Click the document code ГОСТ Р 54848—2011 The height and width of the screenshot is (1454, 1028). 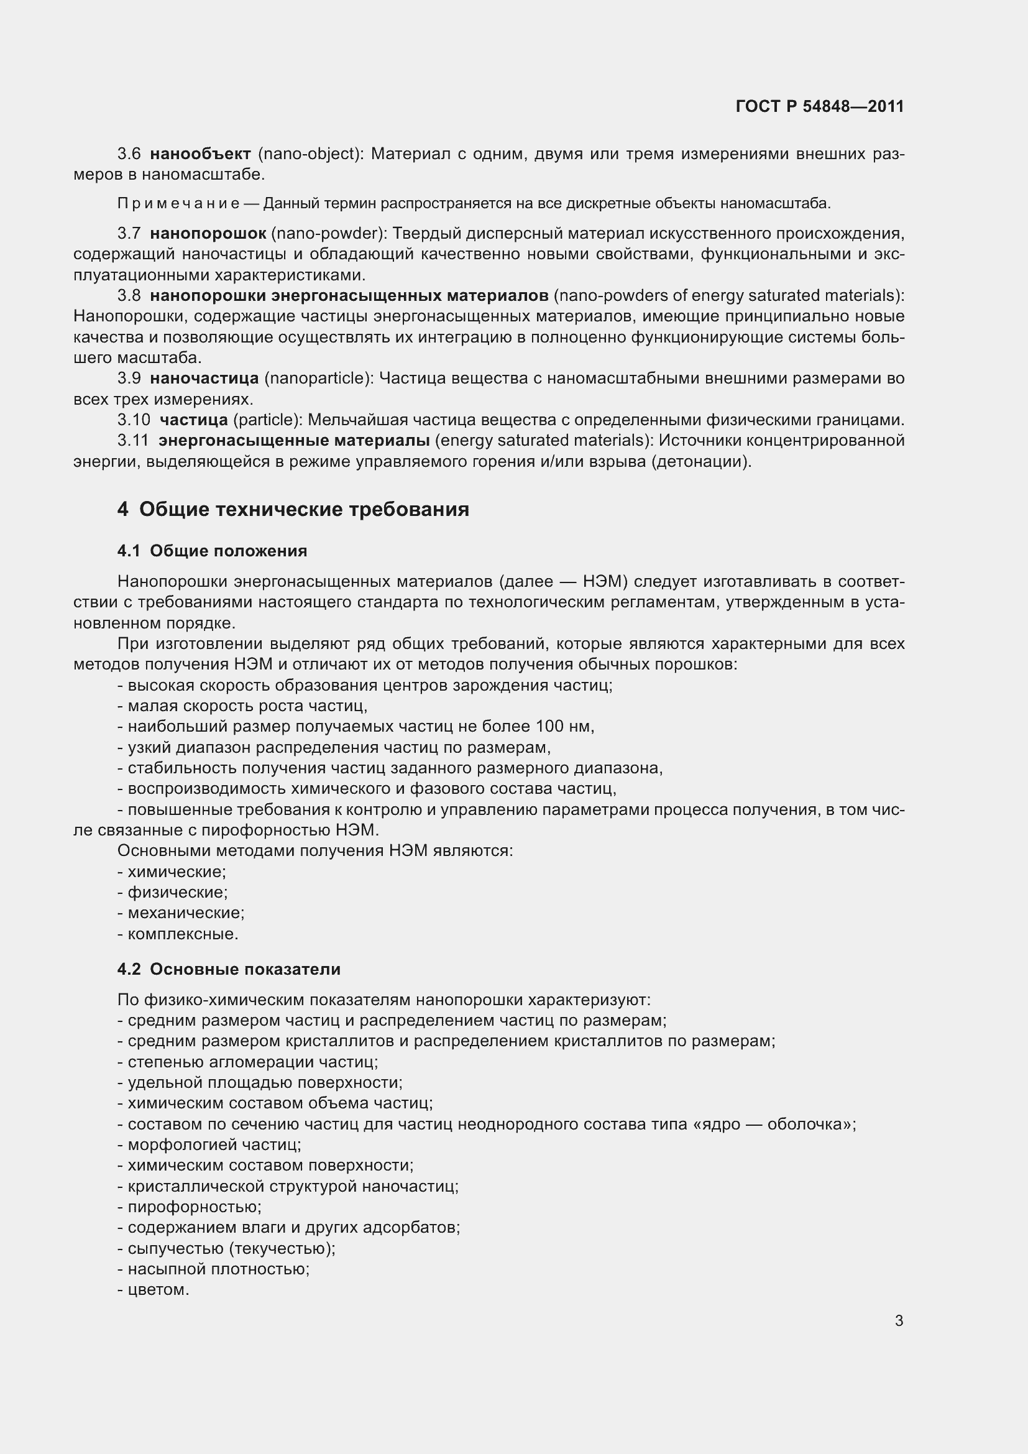tap(820, 106)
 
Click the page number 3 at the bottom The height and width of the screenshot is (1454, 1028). tap(899, 1320)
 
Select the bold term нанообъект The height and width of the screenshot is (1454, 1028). tap(201, 154)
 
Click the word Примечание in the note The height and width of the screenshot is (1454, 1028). tap(178, 203)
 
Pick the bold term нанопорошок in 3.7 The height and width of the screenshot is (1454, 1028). tap(208, 234)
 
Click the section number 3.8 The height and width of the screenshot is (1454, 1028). tap(129, 296)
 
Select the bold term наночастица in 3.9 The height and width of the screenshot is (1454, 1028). tap(204, 379)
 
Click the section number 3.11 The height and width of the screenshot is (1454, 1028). tap(133, 440)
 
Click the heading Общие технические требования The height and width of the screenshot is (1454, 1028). tap(304, 509)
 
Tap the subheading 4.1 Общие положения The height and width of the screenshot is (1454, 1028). tap(212, 551)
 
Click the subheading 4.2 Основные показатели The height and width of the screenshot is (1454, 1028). tap(229, 969)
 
